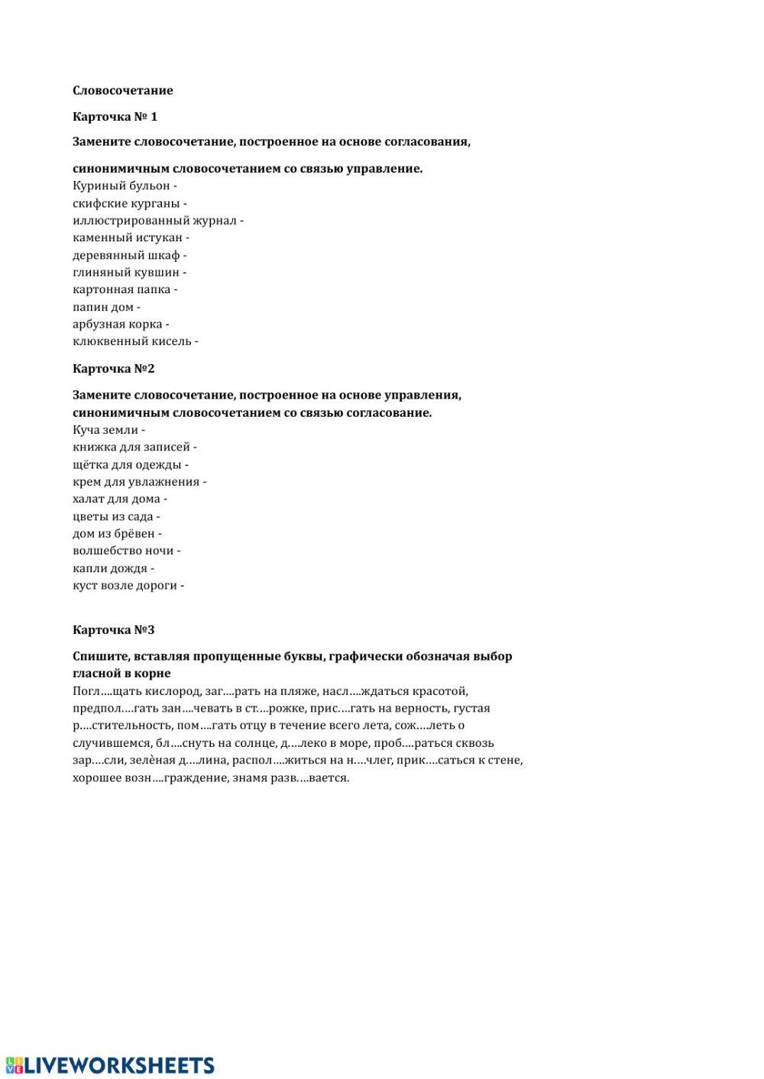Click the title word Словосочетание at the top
pos(122,90)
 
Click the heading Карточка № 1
pos(115,117)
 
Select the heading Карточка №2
pos(113,368)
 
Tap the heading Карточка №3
pos(113,630)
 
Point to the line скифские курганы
pos(129,203)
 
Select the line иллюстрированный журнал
pos(157,221)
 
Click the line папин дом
pos(106,307)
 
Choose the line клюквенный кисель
pos(135,341)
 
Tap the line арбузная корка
pos(121,325)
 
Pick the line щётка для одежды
pos(130,464)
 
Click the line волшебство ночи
pos(126,551)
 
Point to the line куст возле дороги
pos(128,586)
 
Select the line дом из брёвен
pos(116,534)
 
